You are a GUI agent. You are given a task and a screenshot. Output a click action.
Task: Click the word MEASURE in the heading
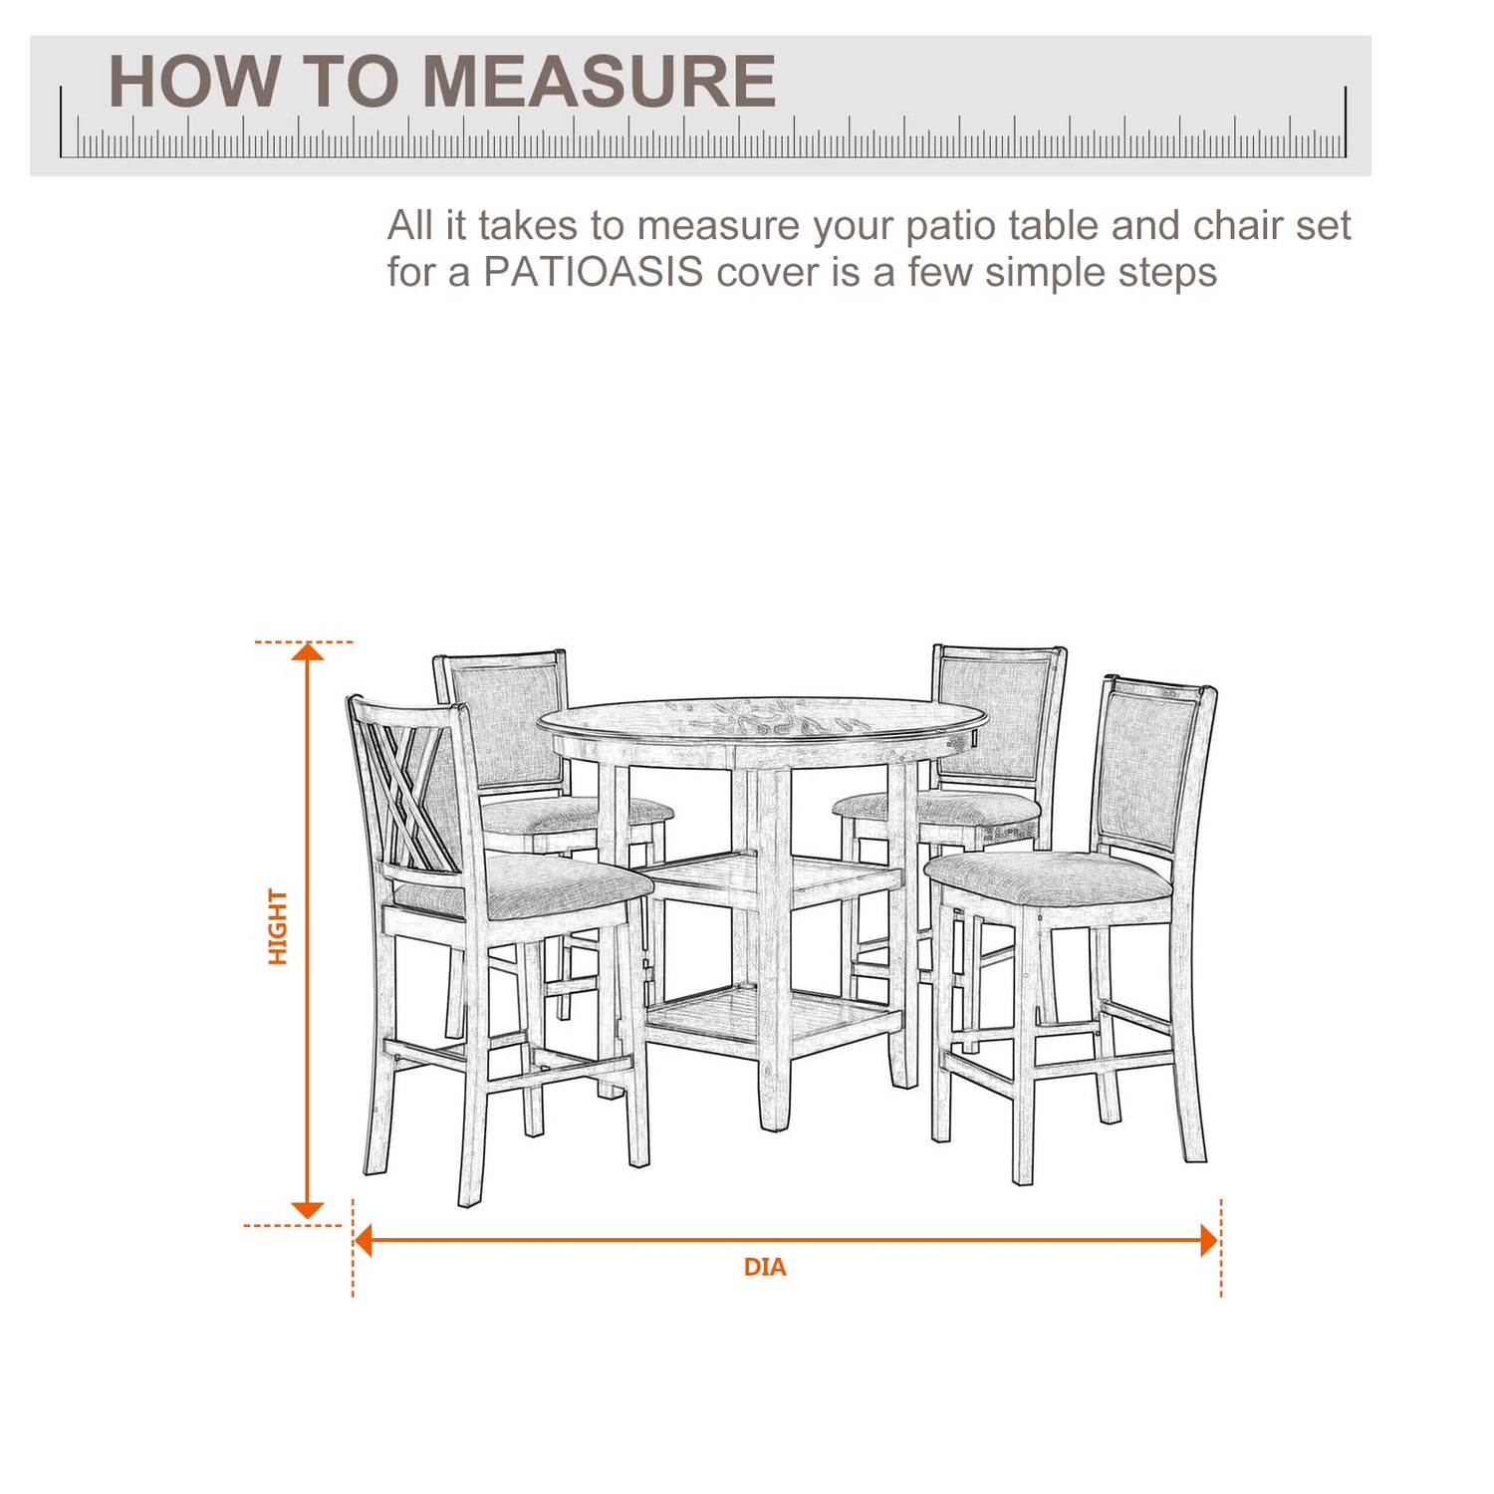[600, 81]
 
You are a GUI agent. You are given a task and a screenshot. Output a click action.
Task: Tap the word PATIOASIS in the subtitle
[594, 272]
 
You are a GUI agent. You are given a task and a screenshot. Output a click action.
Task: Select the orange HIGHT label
[278, 927]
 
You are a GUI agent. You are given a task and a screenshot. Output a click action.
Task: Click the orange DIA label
[765, 1267]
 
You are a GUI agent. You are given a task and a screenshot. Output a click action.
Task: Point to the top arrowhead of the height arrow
[308, 651]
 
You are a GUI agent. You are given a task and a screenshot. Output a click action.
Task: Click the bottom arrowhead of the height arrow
[308, 1210]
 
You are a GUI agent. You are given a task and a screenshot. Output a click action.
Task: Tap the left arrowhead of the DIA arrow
[364, 1240]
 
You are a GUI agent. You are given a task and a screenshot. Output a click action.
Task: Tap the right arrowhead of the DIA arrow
[1210, 1240]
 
